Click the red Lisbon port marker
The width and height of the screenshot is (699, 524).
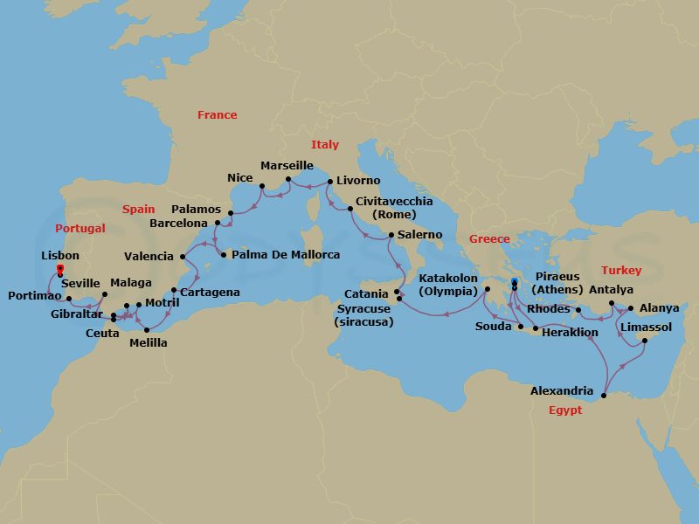pos(59,268)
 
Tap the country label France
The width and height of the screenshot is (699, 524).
pos(217,115)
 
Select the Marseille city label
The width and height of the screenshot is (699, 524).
pos(287,165)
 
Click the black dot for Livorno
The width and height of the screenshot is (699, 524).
pos(329,182)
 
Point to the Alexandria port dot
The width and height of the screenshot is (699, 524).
pos(603,397)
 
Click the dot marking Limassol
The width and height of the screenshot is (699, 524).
pos(644,341)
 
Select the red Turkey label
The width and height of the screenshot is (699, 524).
pos(621,271)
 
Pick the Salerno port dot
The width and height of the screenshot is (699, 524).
pos(391,236)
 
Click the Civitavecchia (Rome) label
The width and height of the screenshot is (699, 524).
pos(394,208)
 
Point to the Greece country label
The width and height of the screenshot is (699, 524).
pos(489,239)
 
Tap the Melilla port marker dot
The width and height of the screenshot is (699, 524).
pos(146,329)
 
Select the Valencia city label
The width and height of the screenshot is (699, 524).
pos(149,257)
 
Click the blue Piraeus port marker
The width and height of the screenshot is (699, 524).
pos(514,281)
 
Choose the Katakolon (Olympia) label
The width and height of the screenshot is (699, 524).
pos(449,285)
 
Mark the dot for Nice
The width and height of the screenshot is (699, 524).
pos(263,185)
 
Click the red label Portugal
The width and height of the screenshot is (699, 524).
pos(80,229)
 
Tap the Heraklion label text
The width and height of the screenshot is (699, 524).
pos(570,333)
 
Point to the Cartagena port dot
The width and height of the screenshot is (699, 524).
pos(174,291)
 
